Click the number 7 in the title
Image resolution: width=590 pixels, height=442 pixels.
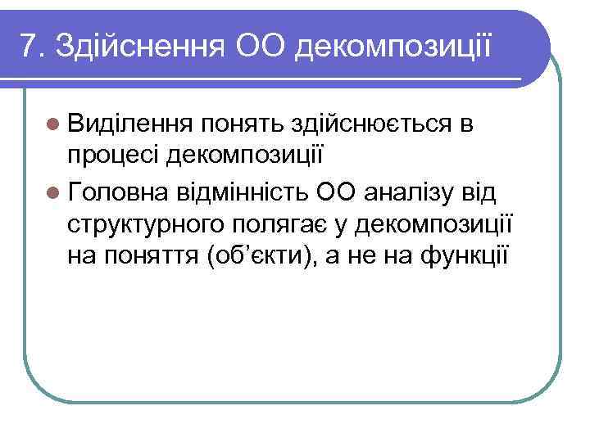(29, 47)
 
